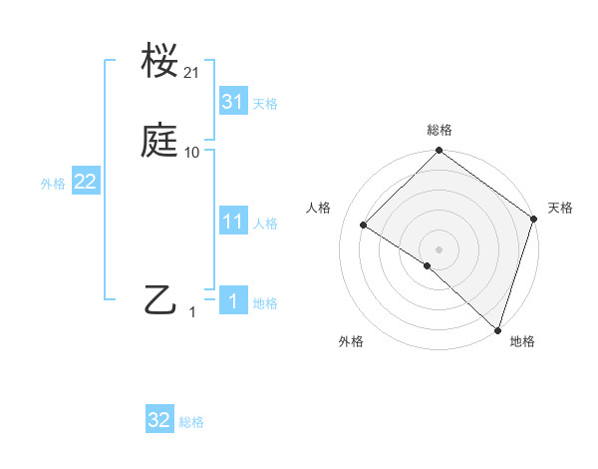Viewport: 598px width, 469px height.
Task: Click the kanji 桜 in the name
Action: click(x=159, y=62)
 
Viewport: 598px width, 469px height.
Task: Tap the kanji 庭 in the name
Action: click(x=159, y=141)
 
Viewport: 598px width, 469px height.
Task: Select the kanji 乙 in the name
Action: click(x=159, y=299)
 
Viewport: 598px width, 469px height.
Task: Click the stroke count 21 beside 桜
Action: click(x=192, y=73)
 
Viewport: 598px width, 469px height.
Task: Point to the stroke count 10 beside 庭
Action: click(x=192, y=152)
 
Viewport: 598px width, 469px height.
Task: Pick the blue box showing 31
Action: click(x=233, y=102)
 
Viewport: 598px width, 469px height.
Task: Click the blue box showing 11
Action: click(x=233, y=222)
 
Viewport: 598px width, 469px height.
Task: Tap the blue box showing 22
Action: click(x=86, y=183)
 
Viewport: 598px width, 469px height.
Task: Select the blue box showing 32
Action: click(x=159, y=420)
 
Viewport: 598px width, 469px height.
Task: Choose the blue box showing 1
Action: click(x=233, y=301)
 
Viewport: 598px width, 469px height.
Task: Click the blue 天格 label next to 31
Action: click(x=265, y=104)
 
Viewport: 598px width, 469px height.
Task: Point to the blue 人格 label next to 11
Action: click(x=265, y=224)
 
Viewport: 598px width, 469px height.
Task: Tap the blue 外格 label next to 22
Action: click(x=53, y=185)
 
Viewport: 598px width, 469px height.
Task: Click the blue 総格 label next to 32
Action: click(x=191, y=422)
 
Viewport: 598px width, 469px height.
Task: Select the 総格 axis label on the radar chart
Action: click(x=440, y=130)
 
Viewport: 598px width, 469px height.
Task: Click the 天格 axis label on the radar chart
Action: click(x=560, y=208)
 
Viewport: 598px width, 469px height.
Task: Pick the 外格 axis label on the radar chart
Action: click(x=351, y=341)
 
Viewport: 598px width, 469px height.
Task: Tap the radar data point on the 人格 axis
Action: click(x=364, y=226)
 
